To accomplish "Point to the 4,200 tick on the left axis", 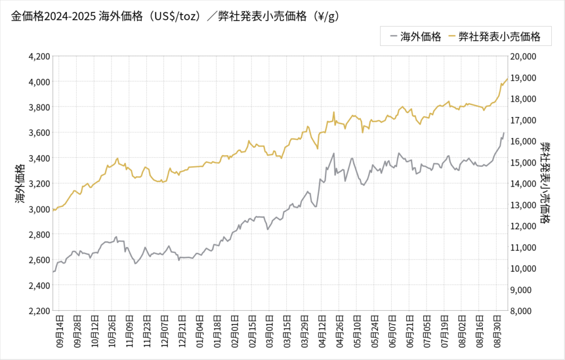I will pos(39,56).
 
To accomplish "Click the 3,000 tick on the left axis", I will pos(39,209).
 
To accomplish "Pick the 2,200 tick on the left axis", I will pos(39,310).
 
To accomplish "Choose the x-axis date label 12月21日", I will pos(183,330).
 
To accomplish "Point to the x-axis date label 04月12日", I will pos(323,330).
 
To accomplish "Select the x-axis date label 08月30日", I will pos(497,330).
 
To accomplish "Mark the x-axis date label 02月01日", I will pos(235,330).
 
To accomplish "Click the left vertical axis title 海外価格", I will pos(20,183).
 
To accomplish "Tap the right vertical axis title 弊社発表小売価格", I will pos(546,183).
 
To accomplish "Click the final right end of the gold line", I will pos(507,79).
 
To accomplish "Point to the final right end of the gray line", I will pos(504,133).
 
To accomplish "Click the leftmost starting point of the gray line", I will pos(53,272).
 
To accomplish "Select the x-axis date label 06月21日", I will pos(410,330).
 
